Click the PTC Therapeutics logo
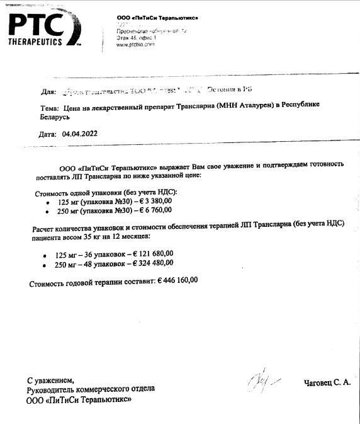coord(44,29)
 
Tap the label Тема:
coord(50,108)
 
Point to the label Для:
coord(48,91)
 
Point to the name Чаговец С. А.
coord(327,382)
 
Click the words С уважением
coord(50,380)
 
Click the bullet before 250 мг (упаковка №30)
coord(48,212)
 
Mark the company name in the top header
coord(158,17)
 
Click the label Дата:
coord(48,134)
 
